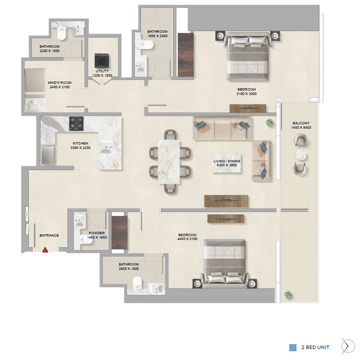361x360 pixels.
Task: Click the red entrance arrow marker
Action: point(45,250)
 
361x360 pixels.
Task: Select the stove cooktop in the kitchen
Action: point(76,124)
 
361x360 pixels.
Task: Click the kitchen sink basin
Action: point(105,147)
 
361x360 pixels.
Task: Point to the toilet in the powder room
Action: point(87,240)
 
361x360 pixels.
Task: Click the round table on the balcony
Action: point(300,154)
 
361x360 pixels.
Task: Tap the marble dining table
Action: point(169,161)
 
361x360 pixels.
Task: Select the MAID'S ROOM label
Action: point(60,82)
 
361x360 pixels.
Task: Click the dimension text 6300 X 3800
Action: point(227,165)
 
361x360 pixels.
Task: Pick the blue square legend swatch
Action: point(293,347)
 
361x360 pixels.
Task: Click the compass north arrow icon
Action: point(348,346)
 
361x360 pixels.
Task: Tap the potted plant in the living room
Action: point(269,122)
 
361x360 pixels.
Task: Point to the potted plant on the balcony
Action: point(288,294)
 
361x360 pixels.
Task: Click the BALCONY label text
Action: point(301,123)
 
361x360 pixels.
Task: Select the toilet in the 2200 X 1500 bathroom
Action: point(62,33)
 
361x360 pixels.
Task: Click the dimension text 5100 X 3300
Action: point(246,94)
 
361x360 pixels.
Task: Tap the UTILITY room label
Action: point(102,71)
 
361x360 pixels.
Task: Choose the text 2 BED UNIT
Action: point(315,347)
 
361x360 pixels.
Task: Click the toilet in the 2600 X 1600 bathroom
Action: point(137,282)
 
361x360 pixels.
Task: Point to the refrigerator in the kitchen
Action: point(48,155)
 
